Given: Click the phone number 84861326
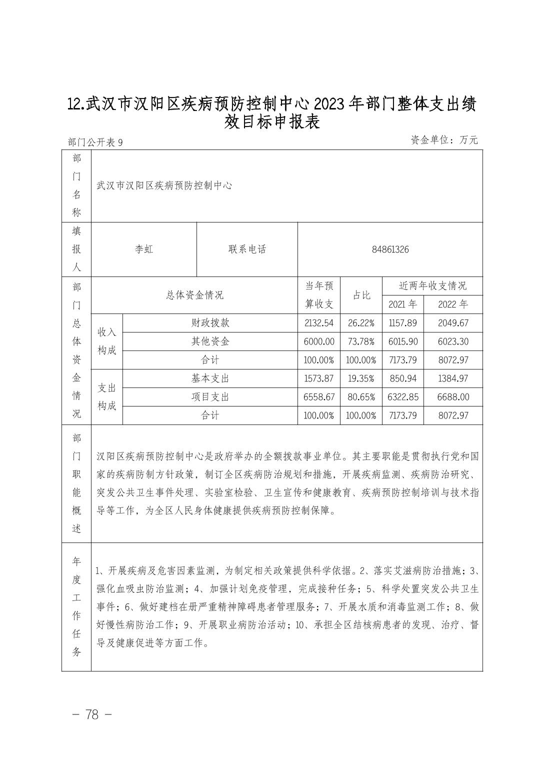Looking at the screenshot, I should point(390,249).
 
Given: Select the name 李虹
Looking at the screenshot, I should point(144,249).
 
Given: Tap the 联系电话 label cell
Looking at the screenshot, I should point(247,249).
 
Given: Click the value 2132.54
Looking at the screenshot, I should point(318,323).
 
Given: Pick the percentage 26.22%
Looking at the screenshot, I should point(361,323).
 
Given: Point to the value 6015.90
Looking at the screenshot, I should point(402,341).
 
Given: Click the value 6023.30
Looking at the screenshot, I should point(452,341).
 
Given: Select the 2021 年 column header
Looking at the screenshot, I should point(402,304).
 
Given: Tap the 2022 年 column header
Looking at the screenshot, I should point(452,304).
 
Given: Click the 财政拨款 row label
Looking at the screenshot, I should point(210,323).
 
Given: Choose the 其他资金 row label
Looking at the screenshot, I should point(210,341).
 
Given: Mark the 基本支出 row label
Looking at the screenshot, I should point(210,378).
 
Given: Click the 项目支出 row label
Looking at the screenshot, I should point(210,397).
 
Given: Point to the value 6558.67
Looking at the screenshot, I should point(318,397).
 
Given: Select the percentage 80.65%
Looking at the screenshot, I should point(361,397).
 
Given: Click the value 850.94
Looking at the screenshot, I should point(402,378).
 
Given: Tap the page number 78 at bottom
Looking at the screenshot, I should point(92,714).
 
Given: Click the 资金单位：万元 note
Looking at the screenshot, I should point(444,140).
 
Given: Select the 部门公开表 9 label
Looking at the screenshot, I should point(95,142).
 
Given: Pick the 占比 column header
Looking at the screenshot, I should point(361,295).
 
